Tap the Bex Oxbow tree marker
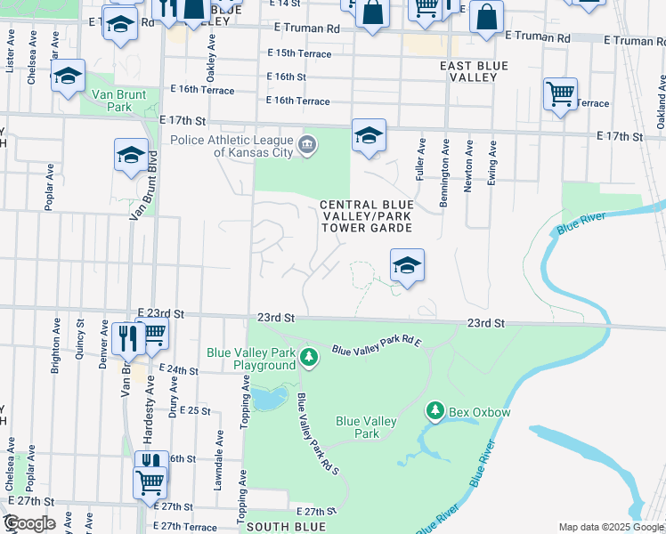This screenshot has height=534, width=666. coord(435,411)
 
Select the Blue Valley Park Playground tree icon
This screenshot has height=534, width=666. coord(308,358)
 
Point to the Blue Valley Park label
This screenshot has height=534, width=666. coord(357,427)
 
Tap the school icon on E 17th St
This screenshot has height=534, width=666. coord(369,136)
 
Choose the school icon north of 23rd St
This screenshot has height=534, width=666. coord(407,265)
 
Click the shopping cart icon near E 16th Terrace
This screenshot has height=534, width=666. coord(560,93)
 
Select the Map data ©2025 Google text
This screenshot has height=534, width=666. coord(610,527)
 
